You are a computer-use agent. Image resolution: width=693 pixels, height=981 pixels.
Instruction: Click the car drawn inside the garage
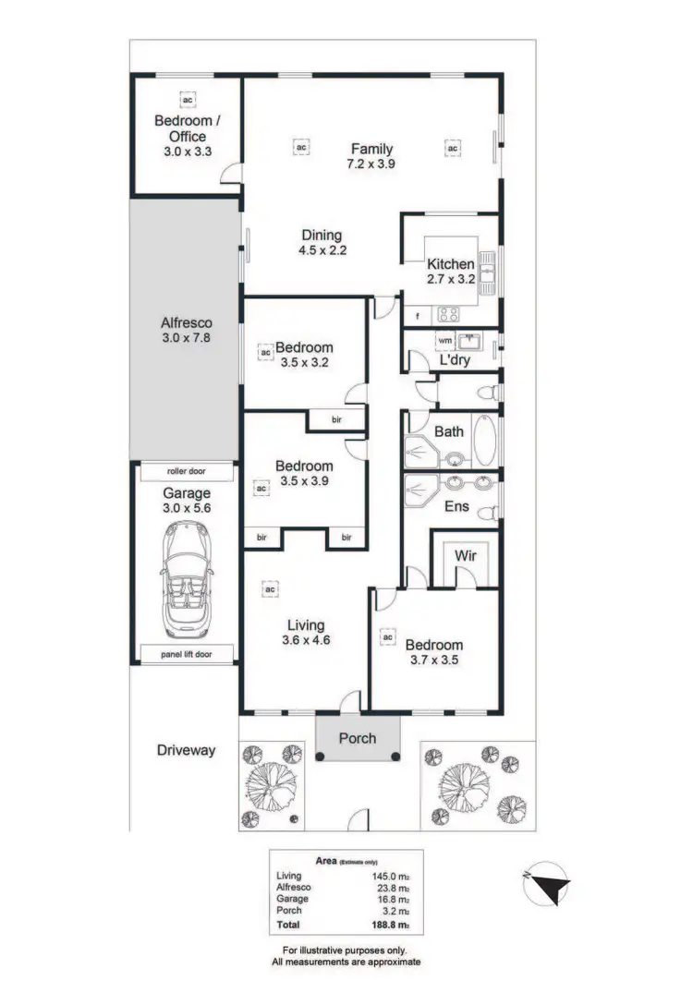pos(187,578)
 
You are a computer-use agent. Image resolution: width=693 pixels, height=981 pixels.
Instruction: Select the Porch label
pos(358,738)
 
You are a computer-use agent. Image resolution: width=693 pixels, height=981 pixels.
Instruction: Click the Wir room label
pos(465,556)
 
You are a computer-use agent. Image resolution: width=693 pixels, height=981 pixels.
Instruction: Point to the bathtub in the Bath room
pos(484,441)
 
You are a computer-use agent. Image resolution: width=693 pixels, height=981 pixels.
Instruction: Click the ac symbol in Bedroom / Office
pos(188,99)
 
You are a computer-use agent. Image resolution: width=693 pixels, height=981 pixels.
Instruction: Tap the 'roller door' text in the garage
pos(187,471)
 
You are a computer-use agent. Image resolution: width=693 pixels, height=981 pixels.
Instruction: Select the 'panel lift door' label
pos(187,654)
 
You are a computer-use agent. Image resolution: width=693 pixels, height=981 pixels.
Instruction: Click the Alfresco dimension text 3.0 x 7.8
pos(187,339)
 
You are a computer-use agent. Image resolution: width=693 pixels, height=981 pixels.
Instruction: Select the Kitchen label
pos(450,264)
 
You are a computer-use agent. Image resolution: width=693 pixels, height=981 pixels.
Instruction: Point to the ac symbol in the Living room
pos(271,588)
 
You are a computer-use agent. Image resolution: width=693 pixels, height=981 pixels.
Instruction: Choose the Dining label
pos(321,235)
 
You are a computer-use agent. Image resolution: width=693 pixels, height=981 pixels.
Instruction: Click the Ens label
pos(457,506)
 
